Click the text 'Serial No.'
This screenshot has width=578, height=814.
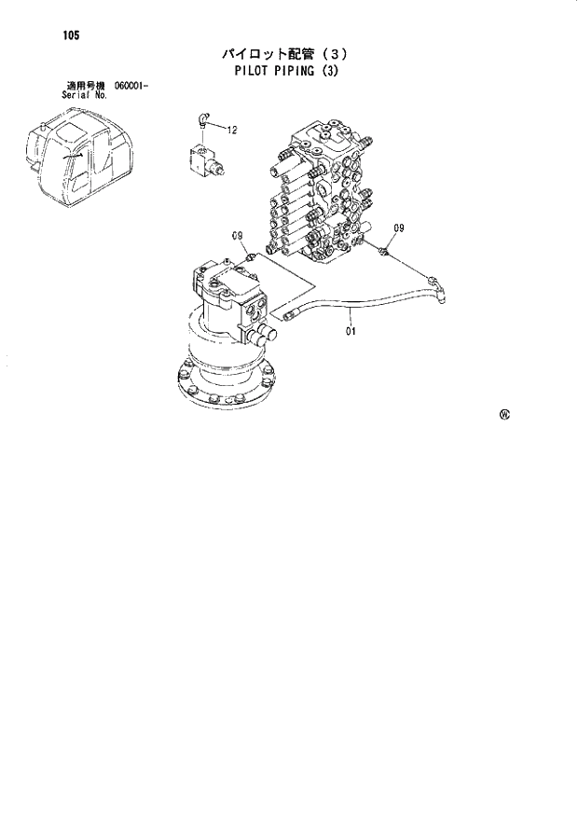tap(83, 96)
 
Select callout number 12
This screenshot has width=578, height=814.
tap(232, 129)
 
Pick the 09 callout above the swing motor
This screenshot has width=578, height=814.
tap(237, 234)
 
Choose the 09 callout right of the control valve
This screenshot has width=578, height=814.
tap(398, 228)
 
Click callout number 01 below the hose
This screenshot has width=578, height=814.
tap(351, 329)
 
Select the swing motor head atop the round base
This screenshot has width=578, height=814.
tap(228, 297)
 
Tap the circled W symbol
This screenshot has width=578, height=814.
tap(504, 416)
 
